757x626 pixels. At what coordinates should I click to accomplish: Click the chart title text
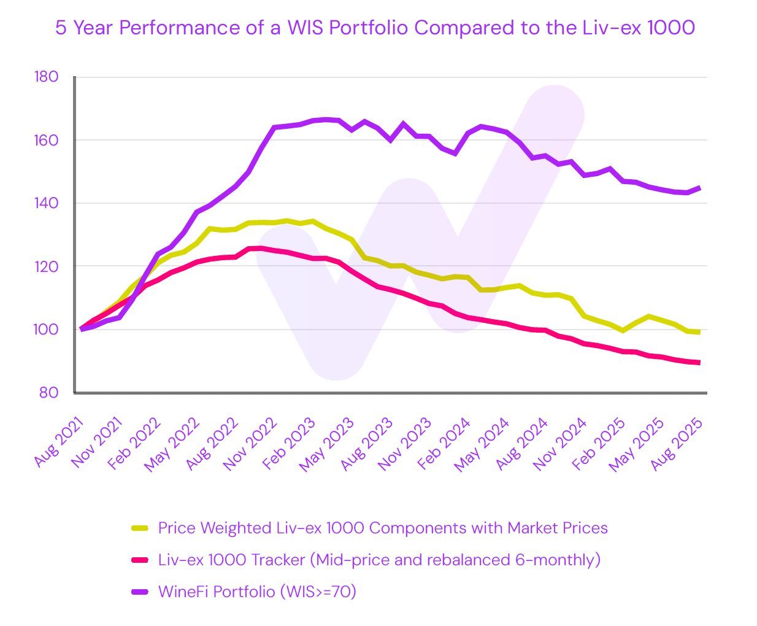point(375,28)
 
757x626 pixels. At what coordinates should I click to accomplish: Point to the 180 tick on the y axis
point(47,77)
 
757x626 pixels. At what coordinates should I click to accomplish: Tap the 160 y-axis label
point(47,140)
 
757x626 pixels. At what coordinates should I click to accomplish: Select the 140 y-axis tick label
point(47,203)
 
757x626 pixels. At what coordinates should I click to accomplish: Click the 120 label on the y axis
point(47,266)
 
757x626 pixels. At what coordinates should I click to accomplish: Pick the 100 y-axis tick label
point(47,330)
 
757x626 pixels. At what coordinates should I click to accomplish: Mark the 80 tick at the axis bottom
point(48,393)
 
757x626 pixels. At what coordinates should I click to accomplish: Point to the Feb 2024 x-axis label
point(445,443)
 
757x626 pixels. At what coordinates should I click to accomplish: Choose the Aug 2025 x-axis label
point(677,443)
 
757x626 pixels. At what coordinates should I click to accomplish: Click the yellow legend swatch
point(140,528)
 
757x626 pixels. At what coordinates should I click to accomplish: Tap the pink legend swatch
point(140,560)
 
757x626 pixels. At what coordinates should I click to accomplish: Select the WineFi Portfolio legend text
point(257,592)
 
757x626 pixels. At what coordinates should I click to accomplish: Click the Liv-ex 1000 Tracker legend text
point(379,560)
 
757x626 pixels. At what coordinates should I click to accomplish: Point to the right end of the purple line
point(699,188)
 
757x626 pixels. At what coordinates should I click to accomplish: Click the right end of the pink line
point(699,363)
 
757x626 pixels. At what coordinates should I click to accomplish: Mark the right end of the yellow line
point(699,332)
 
